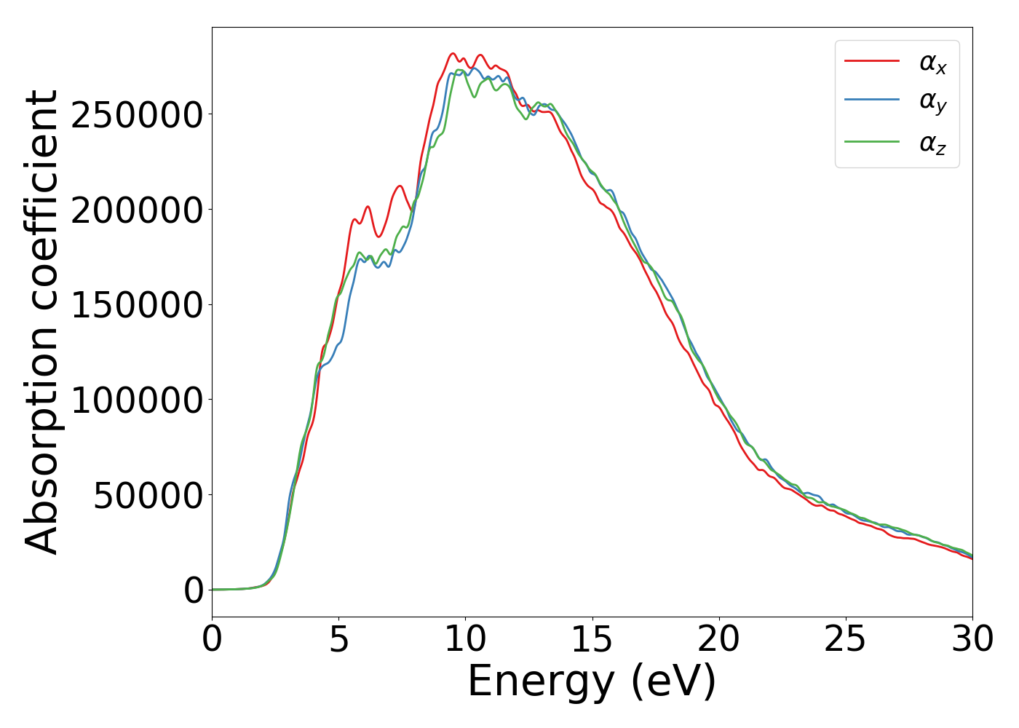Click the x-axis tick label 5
click(x=339, y=640)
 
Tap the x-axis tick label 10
click(x=465, y=640)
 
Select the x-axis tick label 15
click(x=592, y=640)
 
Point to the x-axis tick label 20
click(x=718, y=640)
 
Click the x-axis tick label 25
click(x=845, y=640)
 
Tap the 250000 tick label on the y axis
click(x=136, y=115)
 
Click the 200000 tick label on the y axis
click(x=136, y=210)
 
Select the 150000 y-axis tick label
click(x=136, y=305)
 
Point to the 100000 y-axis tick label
click(x=136, y=400)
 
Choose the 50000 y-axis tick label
click(x=148, y=496)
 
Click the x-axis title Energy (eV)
click(x=592, y=682)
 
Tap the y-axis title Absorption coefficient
click(x=41, y=322)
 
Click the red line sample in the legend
click(x=872, y=61)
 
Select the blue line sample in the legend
click(x=872, y=100)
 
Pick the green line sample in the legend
click(x=872, y=141)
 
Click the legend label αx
click(x=932, y=63)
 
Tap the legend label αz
click(x=932, y=143)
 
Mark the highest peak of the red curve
click(x=453, y=53)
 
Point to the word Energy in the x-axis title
click(x=540, y=682)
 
